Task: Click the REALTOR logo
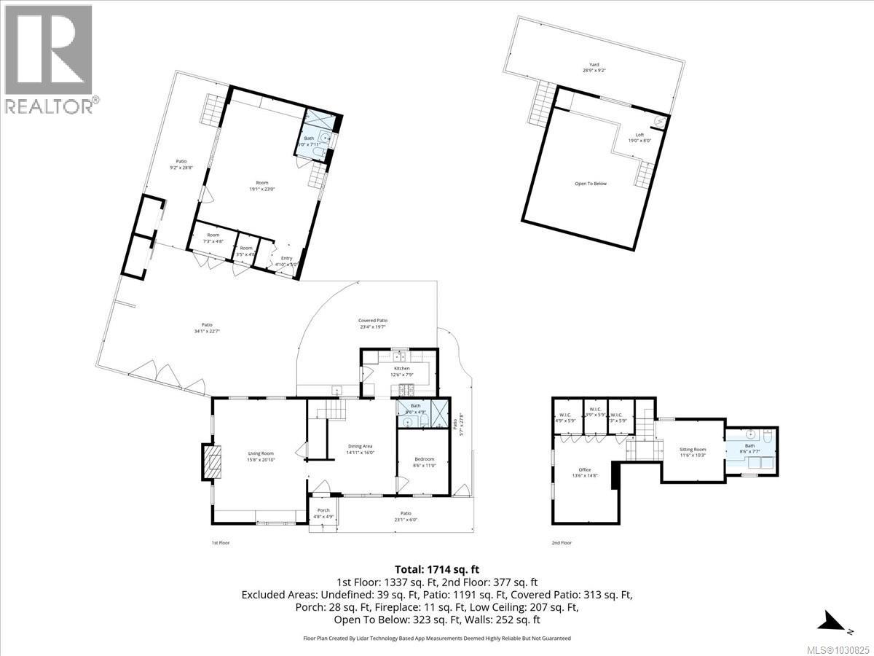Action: point(48,58)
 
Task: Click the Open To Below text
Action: point(590,184)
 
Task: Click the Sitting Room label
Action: point(693,452)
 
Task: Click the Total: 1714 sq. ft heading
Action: point(437,569)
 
